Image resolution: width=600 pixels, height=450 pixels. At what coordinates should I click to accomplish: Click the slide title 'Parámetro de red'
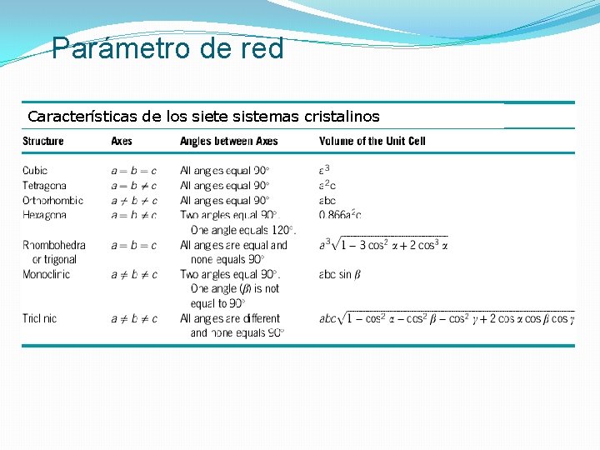click(167, 48)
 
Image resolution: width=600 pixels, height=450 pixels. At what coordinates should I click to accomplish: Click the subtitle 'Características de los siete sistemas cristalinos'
click(203, 116)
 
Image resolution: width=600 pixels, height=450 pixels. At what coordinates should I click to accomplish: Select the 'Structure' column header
click(43, 141)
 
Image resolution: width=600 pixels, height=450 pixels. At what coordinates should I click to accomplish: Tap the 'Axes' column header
click(122, 141)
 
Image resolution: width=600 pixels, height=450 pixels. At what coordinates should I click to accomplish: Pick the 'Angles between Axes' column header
click(229, 141)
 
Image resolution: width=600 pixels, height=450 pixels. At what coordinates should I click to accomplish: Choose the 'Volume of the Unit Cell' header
click(372, 141)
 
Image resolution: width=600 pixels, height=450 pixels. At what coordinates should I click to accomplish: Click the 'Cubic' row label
click(35, 171)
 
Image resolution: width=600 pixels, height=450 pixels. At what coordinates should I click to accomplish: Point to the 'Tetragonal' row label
click(45, 185)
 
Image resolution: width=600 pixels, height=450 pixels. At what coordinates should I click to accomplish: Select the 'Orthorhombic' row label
click(52, 200)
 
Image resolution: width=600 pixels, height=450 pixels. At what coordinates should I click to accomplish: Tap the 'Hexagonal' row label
click(45, 215)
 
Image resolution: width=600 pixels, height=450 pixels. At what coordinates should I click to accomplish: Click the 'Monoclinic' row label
click(47, 274)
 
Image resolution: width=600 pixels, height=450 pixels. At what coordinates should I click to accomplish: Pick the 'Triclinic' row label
click(40, 318)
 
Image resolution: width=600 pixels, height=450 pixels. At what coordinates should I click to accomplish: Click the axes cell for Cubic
click(133, 171)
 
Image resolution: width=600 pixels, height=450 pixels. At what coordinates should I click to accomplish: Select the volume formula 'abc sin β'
click(339, 274)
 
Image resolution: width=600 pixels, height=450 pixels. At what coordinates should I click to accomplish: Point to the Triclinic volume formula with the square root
click(446, 318)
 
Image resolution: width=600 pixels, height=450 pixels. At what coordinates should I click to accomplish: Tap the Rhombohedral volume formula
click(383, 245)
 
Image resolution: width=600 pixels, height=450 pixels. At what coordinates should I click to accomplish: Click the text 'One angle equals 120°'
click(243, 230)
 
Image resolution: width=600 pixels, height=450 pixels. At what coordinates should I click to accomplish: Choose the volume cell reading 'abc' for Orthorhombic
click(327, 200)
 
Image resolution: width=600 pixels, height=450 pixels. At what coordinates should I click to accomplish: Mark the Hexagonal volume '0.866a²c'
click(340, 215)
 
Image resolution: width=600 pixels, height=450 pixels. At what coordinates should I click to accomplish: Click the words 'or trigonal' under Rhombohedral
click(54, 259)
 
